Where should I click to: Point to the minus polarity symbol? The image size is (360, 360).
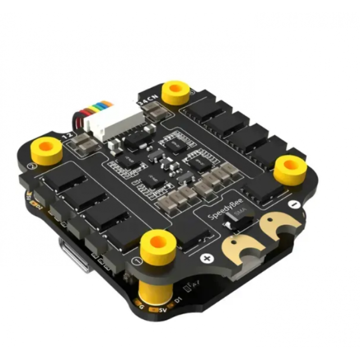tap(293, 205)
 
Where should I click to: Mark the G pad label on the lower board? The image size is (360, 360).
tap(141, 307)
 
